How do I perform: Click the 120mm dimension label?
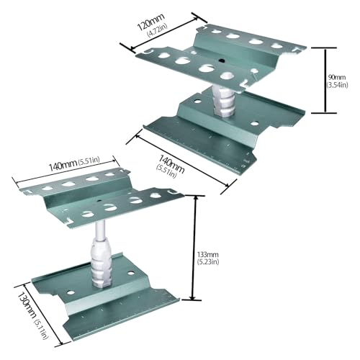150,22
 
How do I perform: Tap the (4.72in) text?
158,30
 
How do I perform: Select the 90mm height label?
337,77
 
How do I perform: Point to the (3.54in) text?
337,85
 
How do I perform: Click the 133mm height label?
207,254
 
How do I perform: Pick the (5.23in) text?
208,261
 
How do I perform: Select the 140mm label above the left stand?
63,166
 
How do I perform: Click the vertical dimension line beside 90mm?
325,80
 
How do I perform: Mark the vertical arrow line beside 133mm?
194,248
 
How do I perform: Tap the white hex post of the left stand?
101,264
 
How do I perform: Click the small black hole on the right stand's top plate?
222,61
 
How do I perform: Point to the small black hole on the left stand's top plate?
99,200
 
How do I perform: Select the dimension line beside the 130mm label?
40,315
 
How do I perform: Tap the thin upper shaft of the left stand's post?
100,230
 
